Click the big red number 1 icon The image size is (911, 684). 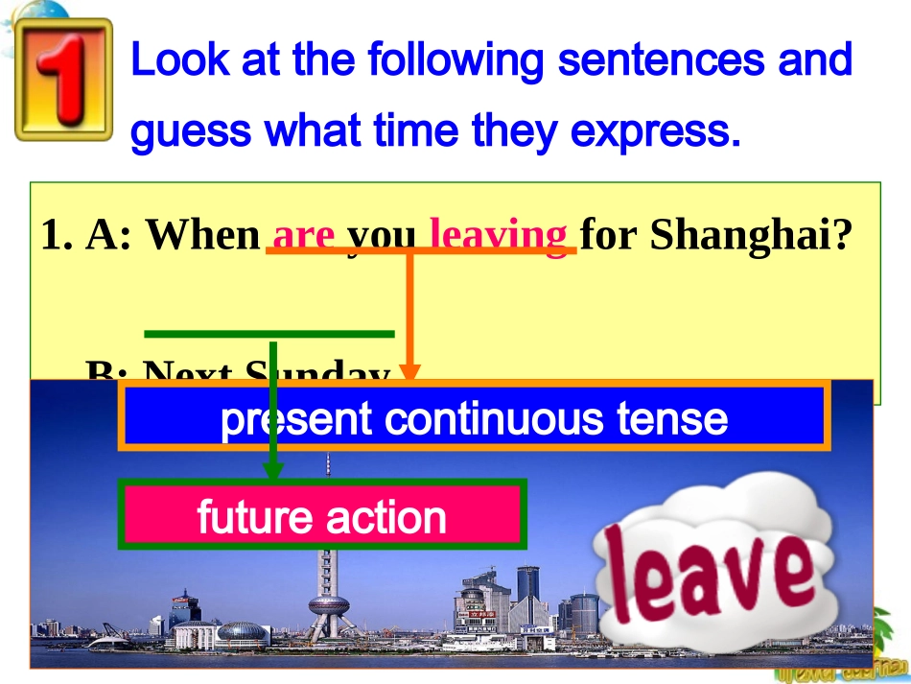(x=64, y=79)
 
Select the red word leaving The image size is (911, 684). (x=498, y=235)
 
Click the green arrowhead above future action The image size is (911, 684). (x=273, y=471)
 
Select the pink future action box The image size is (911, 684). (x=322, y=514)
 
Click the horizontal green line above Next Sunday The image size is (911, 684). (x=269, y=334)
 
